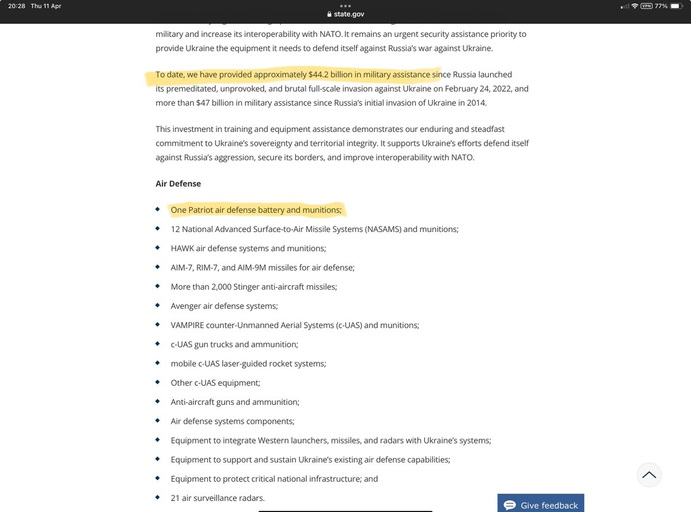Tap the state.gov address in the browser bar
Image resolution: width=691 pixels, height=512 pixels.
coord(350,14)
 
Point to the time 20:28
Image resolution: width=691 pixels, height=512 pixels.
coord(17,6)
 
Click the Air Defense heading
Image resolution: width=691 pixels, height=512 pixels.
coord(178,184)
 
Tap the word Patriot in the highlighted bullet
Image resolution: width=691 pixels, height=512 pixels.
coord(201,210)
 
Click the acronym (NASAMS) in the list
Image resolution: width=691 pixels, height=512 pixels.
coord(383,229)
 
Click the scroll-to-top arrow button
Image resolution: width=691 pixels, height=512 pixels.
coord(649,475)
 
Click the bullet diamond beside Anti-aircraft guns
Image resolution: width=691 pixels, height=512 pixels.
coord(158,401)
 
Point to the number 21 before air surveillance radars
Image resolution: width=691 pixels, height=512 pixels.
coord(175,498)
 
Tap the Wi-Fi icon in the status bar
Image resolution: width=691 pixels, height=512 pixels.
coord(635,6)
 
